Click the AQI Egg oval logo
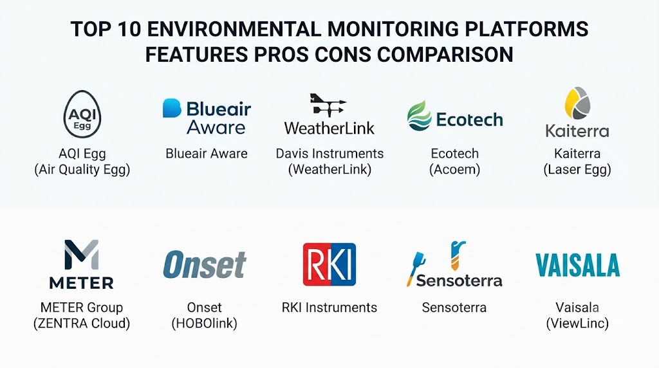pyautogui.click(x=82, y=115)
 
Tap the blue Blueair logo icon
pyautogui.click(x=172, y=108)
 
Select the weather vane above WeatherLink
pyautogui.click(x=328, y=105)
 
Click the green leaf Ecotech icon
pyautogui.click(x=420, y=116)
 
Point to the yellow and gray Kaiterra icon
pyautogui.click(x=577, y=104)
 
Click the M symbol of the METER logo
pyautogui.click(x=82, y=255)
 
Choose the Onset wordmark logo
pyautogui.click(x=205, y=264)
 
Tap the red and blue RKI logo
pyautogui.click(x=329, y=264)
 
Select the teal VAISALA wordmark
pyautogui.click(x=577, y=264)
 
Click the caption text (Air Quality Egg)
pyautogui.click(x=82, y=169)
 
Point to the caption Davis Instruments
pyautogui.click(x=329, y=153)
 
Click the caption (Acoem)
pyautogui.click(x=455, y=169)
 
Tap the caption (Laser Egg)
pyautogui.click(x=577, y=169)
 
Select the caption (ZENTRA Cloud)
pyautogui.click(x=82, y=323)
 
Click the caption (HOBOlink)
pyautogui.click(x=204, y=323)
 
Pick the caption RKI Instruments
pyautogui.click(x=329, y=308)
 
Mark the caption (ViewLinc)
pyautogui.click(x=577, y=323)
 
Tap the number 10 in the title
pyautogui.click(x=129, y=30)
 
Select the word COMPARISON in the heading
pyautogui.click(x=445, y=55)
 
